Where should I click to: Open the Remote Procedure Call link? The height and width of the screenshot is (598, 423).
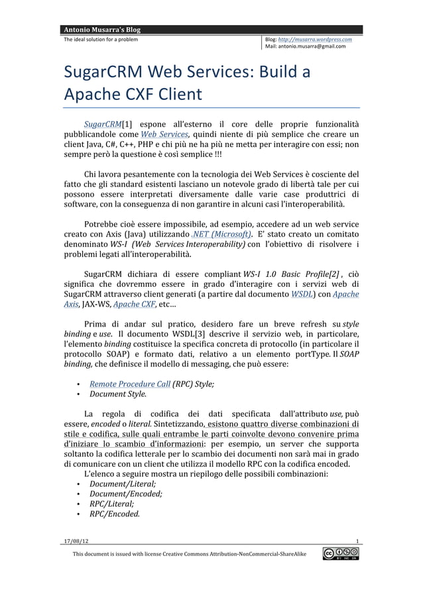130,384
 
